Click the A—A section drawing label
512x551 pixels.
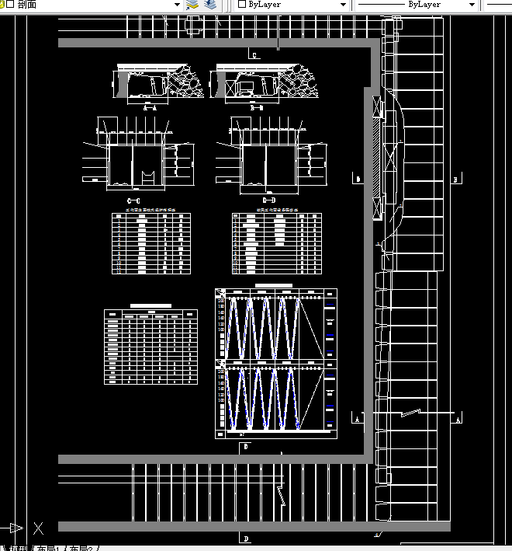click(x=149, y=108)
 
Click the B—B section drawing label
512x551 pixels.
click(x=257, y=108)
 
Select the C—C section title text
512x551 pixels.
click(x=133, y=201)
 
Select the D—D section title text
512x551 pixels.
click(x=268, y=201)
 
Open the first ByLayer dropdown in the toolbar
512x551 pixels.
click(x=291, y=5)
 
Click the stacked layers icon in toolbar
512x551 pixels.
click(x=209, y=5)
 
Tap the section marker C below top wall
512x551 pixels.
click(x=254, y=54)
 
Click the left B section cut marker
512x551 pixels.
click(x=358, y=180)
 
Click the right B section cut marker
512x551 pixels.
click(x=455, y=180)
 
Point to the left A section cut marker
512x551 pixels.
click(x=358, y=418)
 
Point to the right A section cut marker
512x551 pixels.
click(x=458, y=418)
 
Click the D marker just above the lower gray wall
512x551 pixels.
click(x=246, y=447)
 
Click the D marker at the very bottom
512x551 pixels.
click(x=246, y=538)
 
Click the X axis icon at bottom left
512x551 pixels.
click(x=37, y=528)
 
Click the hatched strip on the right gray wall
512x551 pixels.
click(x=378, y=155)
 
